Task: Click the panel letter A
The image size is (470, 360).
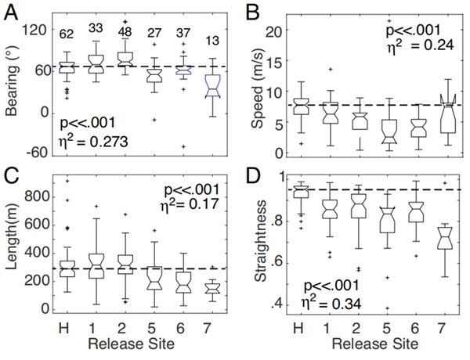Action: (x=13, y=12)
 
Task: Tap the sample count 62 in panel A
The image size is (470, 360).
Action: (x=66, y=34)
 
